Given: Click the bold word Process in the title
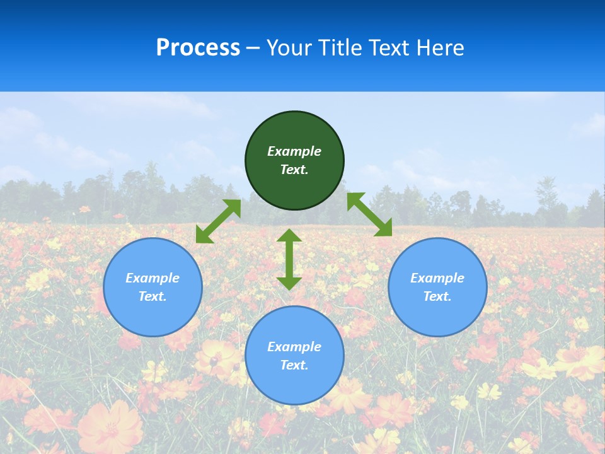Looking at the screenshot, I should click(x=198, y=48).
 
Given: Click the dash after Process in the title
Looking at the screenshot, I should click(x=253, y=49).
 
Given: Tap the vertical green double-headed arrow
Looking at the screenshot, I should click(x=289, y=260).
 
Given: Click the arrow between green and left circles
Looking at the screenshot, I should click(x=218, y=221).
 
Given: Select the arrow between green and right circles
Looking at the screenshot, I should click(x=369, y=214).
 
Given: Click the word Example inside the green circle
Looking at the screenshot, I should click(x=294, y=151).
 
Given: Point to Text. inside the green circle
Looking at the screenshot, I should click(x=294, y=170).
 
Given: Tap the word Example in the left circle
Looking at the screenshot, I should click(x=153, y=278).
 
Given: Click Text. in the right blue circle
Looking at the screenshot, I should click(x=437, y=296).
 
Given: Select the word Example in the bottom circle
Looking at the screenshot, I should click(x=294, y=347).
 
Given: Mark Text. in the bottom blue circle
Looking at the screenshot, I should click(x=294, y=365).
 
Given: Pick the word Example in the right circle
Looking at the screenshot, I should click(x=437, y=278).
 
